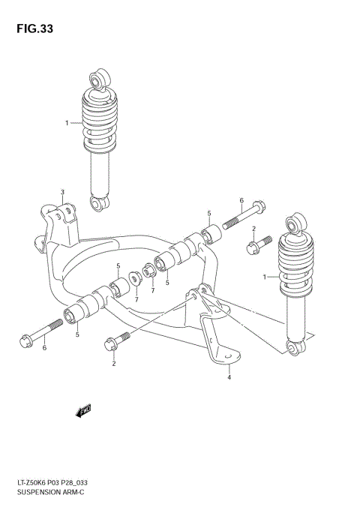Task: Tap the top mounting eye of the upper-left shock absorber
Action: pos(97,79)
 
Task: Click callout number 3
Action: pos(63,193)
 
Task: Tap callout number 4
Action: pos(229,378)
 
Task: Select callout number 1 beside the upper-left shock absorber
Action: pos(67,123)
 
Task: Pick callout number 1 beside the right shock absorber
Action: pos(265,277)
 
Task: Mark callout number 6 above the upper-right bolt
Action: pos(241,200)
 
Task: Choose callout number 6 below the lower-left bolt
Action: pos(44,347)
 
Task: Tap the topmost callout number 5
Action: pos(210,214)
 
